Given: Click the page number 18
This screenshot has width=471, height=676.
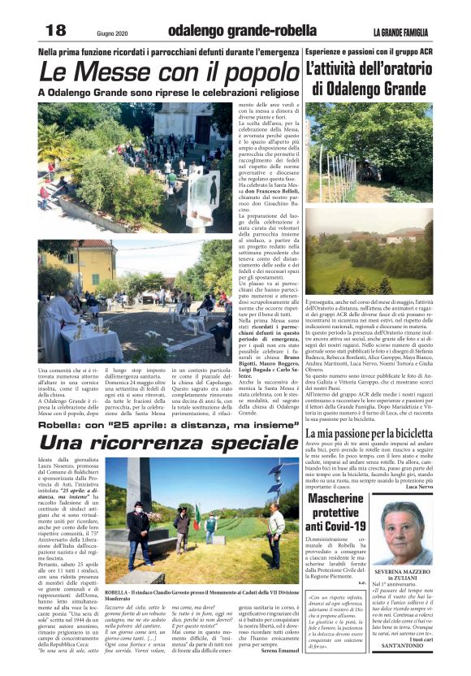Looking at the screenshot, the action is click(54, 29).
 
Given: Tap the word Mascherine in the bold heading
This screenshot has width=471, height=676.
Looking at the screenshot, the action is click(335, 496).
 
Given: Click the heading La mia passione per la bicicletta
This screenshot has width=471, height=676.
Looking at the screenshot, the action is click(369, 434).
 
